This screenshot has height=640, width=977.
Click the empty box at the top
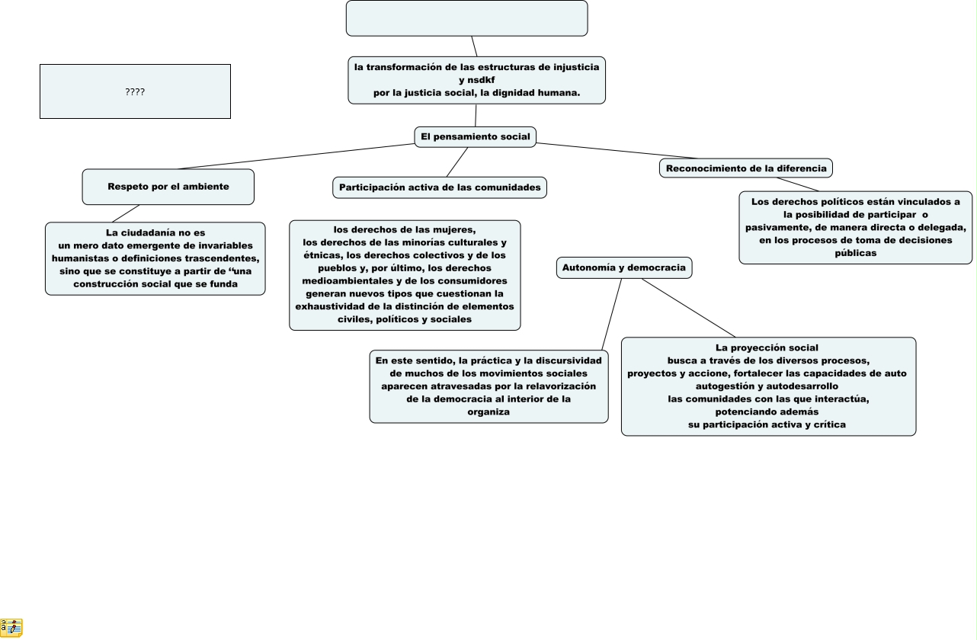pos(466,18)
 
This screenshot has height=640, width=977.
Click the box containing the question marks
pos(135,91)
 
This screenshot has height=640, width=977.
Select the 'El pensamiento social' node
pos(475,136)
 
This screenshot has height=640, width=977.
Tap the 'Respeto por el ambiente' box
pos(168,187)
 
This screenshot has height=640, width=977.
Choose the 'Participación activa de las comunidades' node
pos(440,187)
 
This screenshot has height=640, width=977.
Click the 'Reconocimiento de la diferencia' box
pos(745,168)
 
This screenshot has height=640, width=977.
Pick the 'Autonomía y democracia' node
pos(623,267)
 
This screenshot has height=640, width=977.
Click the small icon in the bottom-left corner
pos(11,628)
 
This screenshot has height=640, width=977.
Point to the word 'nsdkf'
pos(482,80)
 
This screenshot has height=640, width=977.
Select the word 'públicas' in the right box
pos(855,253)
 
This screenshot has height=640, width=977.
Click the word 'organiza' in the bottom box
pos(488,411)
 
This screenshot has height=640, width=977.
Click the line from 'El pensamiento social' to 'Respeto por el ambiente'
pos(297,156)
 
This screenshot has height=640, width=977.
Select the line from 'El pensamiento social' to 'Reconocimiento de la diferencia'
pos(598,151)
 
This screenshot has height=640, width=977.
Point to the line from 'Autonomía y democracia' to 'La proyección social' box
pos(687,308)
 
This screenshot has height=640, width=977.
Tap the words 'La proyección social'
pos(767,347)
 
